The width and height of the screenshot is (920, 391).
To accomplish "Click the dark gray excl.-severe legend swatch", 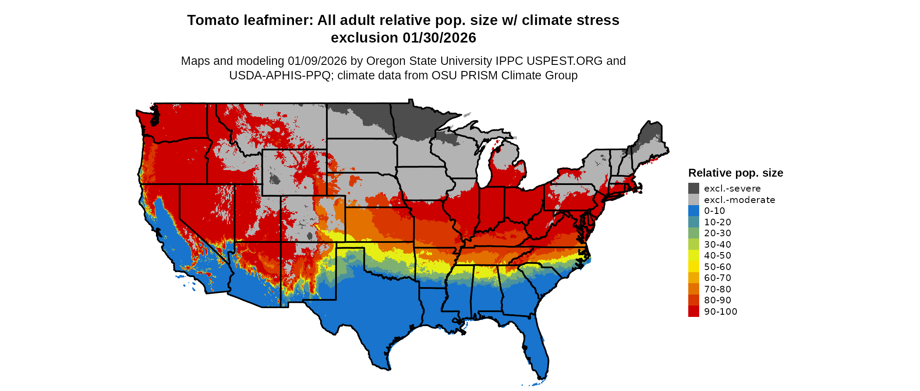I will [694, 188].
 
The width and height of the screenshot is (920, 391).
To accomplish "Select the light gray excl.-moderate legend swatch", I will [694, 200].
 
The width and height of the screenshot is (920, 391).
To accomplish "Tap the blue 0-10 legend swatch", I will [694, 211].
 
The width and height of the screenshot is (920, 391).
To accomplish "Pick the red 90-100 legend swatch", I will [694, 312].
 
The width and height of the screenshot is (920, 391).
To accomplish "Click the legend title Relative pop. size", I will [736, 173].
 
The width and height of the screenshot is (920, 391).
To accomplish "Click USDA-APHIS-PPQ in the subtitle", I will [280, 75].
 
